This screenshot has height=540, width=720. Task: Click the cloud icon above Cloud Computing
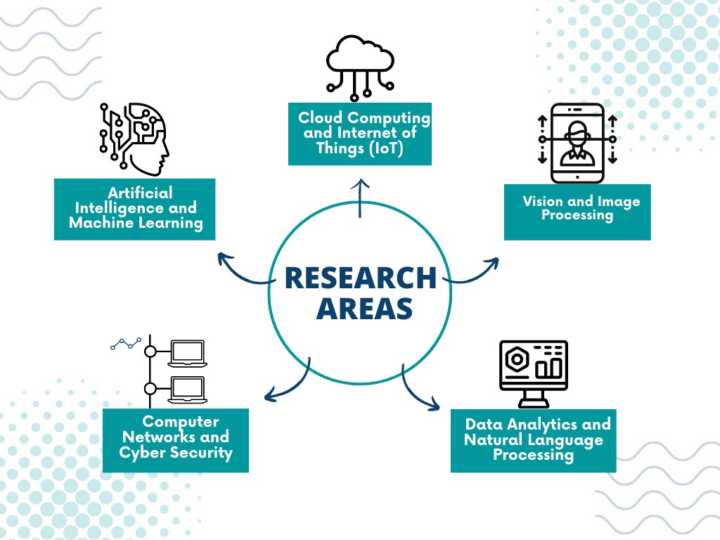(360, 68)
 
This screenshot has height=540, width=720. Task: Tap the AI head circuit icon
(134, 139)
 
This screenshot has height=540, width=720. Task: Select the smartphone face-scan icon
(577, 143)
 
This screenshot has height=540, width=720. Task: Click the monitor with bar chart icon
(534, 374)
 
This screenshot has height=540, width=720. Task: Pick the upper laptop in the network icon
(187, 354)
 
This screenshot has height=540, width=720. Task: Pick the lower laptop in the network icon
(187, 390)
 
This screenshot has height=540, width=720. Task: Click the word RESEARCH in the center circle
(361, 278)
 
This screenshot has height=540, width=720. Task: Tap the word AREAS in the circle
(365, 309)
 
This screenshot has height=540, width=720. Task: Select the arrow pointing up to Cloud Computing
(360, 198)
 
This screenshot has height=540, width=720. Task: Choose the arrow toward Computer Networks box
(289, 383)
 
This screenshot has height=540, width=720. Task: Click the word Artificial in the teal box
(140, 193)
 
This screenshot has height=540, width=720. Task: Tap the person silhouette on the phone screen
(577, 143)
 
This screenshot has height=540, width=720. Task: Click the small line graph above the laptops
(126, 343)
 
